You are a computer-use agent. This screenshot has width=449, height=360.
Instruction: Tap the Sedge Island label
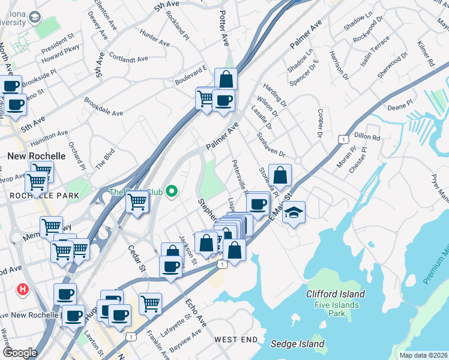click(298, 344)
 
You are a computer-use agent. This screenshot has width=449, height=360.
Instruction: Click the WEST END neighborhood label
click(235, 340)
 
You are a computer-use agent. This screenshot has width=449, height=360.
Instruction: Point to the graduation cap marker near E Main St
click(294, 212)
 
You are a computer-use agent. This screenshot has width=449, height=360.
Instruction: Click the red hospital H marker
click(23, 289)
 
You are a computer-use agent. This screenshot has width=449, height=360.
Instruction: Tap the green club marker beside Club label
click(172, 192)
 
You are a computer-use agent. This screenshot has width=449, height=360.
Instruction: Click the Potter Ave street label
click(224, 29)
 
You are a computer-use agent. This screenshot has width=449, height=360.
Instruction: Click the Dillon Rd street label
click(368, 137)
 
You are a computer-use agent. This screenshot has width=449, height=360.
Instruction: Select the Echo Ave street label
click(196, 311)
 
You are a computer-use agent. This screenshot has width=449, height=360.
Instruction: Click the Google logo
click(20, 353)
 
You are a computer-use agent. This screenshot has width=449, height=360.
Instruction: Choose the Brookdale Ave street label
click(103, 107)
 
